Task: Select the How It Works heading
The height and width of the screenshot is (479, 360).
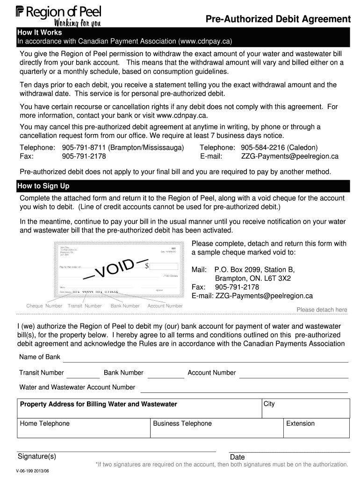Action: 36,33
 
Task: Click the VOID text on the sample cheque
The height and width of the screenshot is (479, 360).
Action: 122,267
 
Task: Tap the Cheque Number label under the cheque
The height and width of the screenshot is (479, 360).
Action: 44,306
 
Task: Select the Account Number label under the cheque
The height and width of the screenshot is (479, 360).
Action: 165,306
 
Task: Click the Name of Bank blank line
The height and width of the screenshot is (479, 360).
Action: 205,358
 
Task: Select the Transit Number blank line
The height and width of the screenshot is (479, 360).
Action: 83,374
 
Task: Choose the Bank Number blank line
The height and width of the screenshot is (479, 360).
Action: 166,374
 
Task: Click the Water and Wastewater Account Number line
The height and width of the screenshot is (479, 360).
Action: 244,388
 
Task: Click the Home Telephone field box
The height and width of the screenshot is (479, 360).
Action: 84,428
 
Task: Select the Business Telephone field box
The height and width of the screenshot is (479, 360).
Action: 217,428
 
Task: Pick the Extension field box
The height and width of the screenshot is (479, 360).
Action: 317,428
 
